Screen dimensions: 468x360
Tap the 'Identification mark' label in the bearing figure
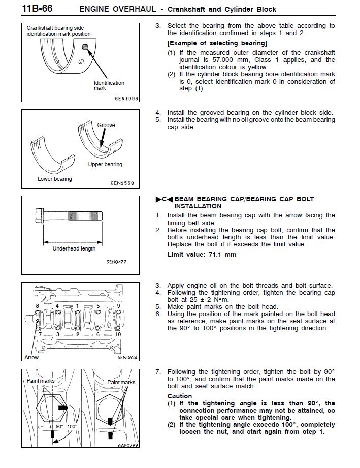coord(109,85)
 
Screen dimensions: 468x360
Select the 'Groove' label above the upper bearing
coord(106,125)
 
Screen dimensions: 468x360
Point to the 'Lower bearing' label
coord(55,179)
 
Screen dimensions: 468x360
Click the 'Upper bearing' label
coord(105,165)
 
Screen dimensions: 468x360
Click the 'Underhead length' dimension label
coord(74,248)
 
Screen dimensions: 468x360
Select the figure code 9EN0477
coord(116,262)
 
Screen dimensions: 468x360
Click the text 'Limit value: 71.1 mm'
coord(202,255)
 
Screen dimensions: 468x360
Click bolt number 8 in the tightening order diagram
coord(38,306)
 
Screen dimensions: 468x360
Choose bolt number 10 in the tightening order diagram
coord(118,334)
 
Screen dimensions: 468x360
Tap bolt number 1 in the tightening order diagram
coord(78,306)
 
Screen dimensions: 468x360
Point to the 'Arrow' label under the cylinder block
coord(31,357)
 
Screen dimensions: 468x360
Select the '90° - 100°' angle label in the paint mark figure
coord(67,427)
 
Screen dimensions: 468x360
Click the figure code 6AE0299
coord(128,445)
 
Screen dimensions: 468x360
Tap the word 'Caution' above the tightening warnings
coord(180,396)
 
